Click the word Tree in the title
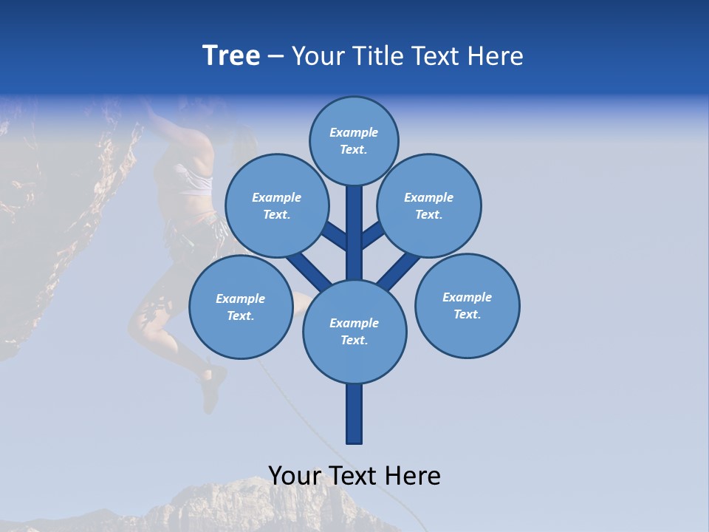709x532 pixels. (x=231, y=55)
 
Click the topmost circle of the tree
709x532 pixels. (x=354, y=140)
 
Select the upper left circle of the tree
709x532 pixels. (x=276, y=205)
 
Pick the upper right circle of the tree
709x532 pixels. (x=428, y=205)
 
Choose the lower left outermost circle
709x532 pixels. (x=240, y=307)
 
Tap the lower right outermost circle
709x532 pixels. (x=467, y=305)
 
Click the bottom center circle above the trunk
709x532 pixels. (x=354, y=331)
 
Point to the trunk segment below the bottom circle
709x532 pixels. (x=354, y=414)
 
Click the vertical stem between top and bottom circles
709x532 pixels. (x=354, y=236)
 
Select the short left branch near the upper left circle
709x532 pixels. (x=335, y=236)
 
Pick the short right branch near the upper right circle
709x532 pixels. (x=373, y=235)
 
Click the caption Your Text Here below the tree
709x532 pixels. (x=354, y=475)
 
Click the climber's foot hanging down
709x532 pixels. (x=211, y=399)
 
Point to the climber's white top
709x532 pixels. (x=193, y=181)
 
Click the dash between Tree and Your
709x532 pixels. (x=275, y=57)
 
